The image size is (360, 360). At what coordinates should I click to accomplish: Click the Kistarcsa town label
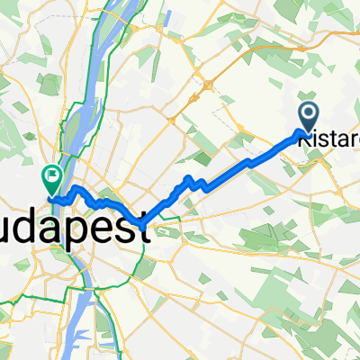point(328,139)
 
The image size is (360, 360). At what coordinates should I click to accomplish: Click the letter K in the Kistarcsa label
point(303,139)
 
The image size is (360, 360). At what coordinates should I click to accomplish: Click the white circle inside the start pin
point(308,112)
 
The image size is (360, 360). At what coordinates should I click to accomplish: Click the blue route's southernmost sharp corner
point(142,222)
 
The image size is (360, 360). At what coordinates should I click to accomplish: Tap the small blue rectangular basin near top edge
point(169,15)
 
